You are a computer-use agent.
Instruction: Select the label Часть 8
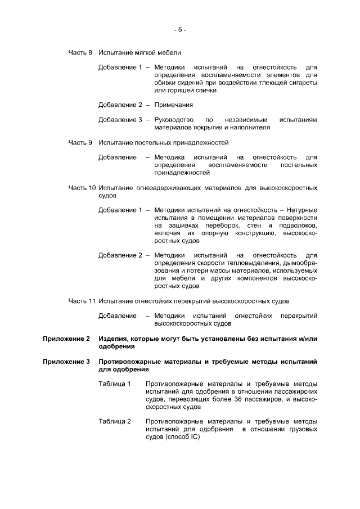(x=80, y=53)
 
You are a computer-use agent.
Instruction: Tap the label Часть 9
(x=80, y=142)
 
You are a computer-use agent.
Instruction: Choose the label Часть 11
(x=82, y=301)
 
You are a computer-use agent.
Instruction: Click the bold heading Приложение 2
(x=67, y=339)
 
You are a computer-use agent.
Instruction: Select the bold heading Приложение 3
(x=67, y=362)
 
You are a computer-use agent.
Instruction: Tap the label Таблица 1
(x=115, y=384)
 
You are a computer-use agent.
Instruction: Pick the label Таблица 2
(x=115, y=421)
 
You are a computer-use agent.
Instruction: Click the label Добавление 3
(x=120, y=120)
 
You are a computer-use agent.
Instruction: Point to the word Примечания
(x=174, y=105)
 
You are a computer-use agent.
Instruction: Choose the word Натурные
(x=302, y=210)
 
